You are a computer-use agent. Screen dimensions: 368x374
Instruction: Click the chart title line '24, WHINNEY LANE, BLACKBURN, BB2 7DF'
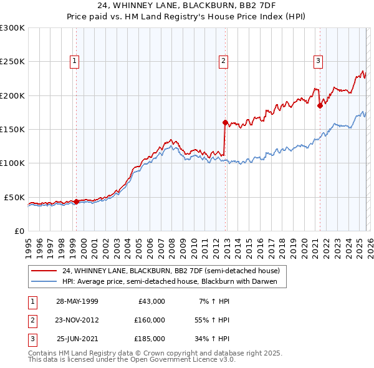(187, 6)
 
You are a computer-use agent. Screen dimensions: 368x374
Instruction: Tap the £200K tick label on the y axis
(12, 95)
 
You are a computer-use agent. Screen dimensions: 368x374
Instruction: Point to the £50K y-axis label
(14, 197)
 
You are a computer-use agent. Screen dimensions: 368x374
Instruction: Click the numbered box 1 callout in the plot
(74, 61)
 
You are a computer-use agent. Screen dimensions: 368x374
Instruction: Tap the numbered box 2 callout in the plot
(223, 61)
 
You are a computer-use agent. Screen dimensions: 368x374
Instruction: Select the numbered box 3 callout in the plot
(318, 61)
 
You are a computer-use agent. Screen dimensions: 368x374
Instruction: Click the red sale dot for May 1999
(76, 201)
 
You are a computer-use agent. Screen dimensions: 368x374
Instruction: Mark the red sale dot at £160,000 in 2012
(225, 122)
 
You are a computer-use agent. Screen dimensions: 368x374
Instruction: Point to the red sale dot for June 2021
(320, 105)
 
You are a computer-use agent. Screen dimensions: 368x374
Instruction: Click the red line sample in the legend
(44, 271)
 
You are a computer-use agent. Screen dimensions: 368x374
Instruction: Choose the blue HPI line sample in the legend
(44, 281)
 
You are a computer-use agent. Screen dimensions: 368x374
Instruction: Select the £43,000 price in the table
(149, 301)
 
